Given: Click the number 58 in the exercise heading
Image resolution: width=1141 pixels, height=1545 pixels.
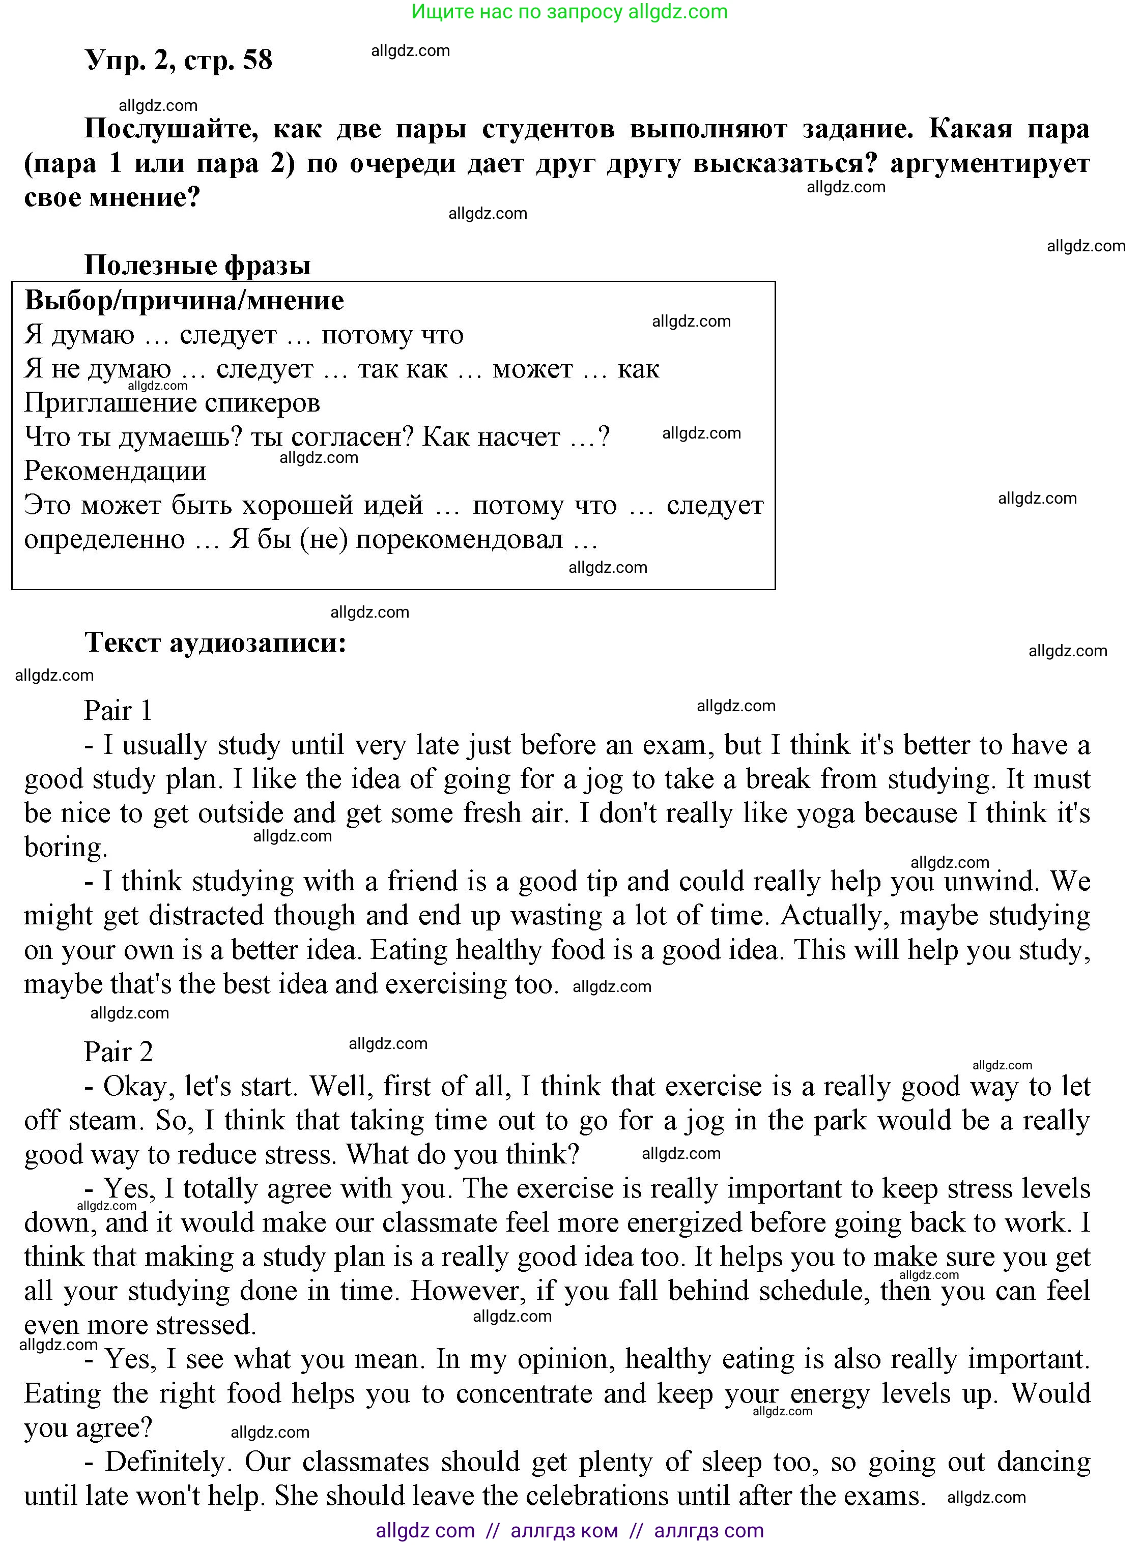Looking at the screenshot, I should [x=258, y=61].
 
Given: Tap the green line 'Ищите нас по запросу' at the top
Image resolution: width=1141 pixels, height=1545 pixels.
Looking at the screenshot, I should [x=518, y=12].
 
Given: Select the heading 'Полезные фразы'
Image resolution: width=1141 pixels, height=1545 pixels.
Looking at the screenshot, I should [x=197, y=265].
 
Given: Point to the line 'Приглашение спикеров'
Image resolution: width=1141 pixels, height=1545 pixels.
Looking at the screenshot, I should [x=172, y=402].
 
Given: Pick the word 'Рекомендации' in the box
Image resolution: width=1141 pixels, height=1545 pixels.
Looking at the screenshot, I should [x=116, y=471].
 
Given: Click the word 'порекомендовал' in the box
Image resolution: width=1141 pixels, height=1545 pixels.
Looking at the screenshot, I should [x=459, y=539].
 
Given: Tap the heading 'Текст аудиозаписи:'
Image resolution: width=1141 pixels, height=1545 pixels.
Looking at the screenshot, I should [x=215, y=643].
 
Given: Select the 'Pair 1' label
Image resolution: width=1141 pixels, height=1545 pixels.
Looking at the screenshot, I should [x=118, y=710].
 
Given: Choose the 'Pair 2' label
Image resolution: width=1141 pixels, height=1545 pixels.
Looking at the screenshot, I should [x=118, y=1052].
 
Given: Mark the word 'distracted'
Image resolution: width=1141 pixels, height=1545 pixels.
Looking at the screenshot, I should [x=205, y=916].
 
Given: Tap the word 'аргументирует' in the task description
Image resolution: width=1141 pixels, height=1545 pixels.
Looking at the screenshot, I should [x=989, y=164].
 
